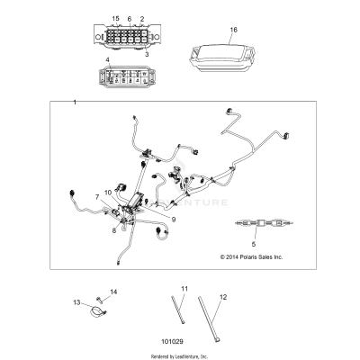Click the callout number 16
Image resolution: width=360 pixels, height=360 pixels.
(x=234, y=30)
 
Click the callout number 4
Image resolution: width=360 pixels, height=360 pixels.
(x=107, y=60)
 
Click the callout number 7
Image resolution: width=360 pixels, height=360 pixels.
(x=96, y=195)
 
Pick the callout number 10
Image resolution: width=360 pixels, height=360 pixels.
(x=108, y=192)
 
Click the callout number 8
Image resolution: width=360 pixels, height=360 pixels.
(x=112, y=230)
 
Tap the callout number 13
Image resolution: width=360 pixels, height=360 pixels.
(x=77, y=302)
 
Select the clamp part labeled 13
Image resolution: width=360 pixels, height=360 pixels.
(x=93, y=313)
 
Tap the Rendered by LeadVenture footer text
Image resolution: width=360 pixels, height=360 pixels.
(x=179, y=356)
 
